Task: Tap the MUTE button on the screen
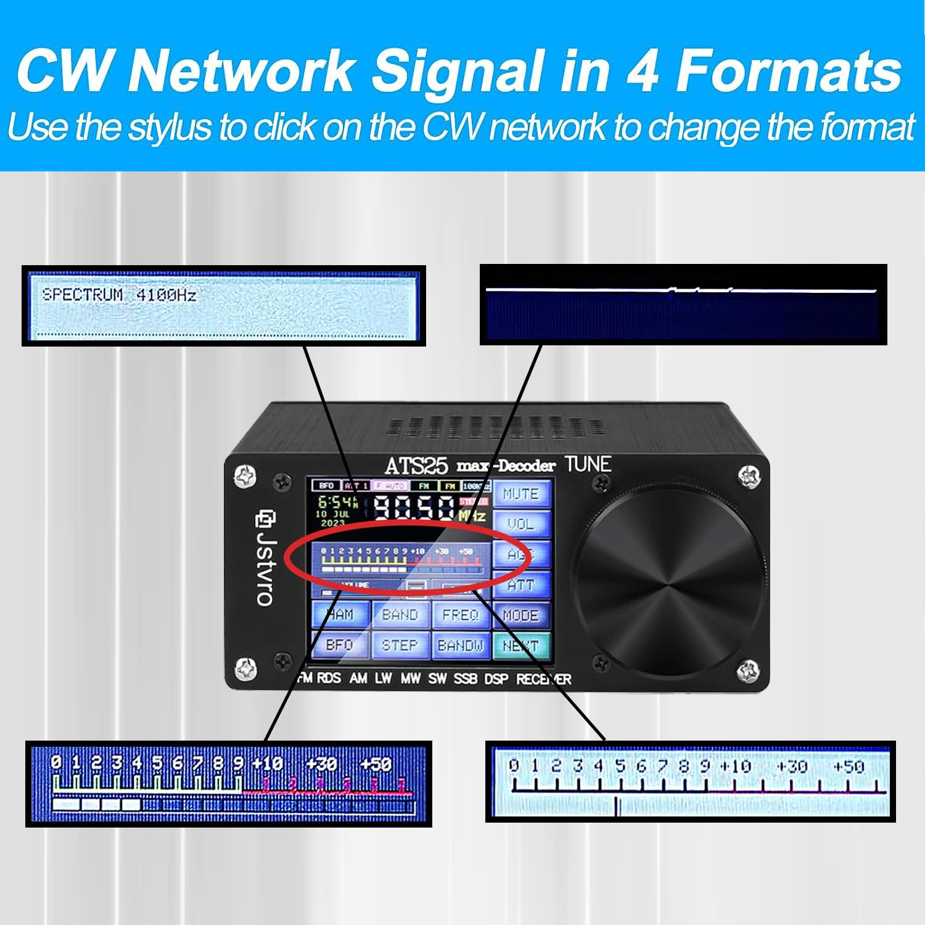coord(521,494)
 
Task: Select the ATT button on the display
coord(521,585)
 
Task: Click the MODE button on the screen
coord(521,615)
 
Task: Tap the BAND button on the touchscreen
coord(400,615)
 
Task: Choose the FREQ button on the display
coord(461,615)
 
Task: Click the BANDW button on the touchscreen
coord(461,646)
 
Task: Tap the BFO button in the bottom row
coord(340,646)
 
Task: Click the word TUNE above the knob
coord(588,464)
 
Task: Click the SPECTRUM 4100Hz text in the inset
coord(119,295)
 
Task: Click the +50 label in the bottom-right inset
coord(849,767)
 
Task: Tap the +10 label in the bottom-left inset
coord(267,764)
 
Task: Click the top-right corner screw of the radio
coord(749,477)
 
